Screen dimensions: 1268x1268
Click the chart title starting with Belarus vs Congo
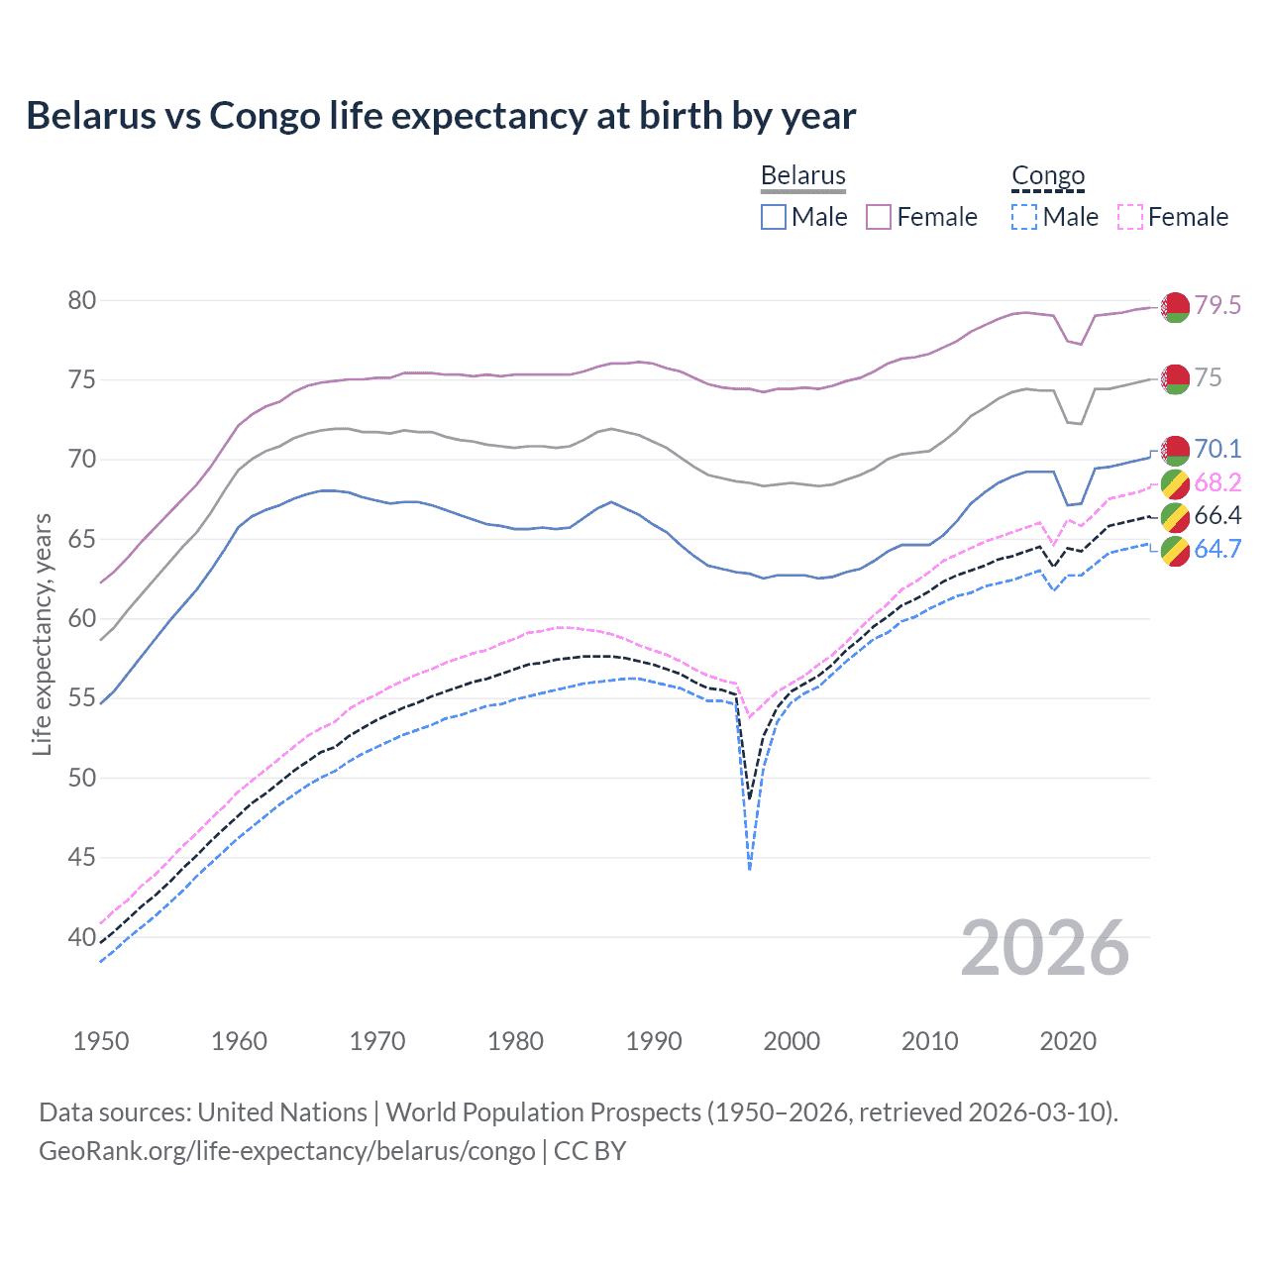coord(441,116)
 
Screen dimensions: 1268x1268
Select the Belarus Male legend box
coord(774,217)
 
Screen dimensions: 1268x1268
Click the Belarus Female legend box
coord(879,217)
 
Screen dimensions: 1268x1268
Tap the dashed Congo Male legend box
coord(1024,217)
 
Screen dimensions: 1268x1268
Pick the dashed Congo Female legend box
coord(1130,217)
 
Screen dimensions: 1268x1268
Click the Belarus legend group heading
coord(802,175)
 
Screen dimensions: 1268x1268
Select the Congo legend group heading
coord(1048,175)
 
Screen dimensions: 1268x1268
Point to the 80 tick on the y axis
coord(82,300)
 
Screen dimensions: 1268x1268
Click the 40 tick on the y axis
coord(82,937)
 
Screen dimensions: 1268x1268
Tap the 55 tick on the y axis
coord(82,698)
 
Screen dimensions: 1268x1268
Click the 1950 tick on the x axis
coord(101,1041)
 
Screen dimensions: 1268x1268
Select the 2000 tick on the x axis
coord(792,1041)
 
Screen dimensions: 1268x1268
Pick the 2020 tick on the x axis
coord(1068,1041)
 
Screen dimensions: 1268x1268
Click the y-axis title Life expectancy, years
coord(42,634)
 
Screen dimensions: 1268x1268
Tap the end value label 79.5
coord(1217,305)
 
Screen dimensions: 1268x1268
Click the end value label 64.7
coord(1217,549)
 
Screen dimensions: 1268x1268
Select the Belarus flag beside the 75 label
coord(1175,378)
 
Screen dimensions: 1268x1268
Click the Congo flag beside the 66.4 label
coord(1175,516)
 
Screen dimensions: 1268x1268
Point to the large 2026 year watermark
coord(1045,948)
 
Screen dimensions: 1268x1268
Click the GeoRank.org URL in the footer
coord(286,1150)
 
